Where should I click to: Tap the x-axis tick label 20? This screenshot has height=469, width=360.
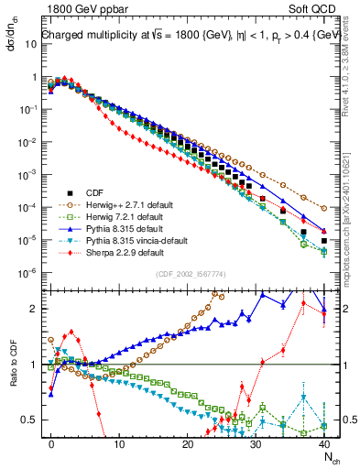[188, 442]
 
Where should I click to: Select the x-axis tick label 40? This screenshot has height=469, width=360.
[324, 442]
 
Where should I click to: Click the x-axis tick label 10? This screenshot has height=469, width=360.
[119, 442]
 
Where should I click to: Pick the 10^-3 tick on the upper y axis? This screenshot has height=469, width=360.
[28, 174]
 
